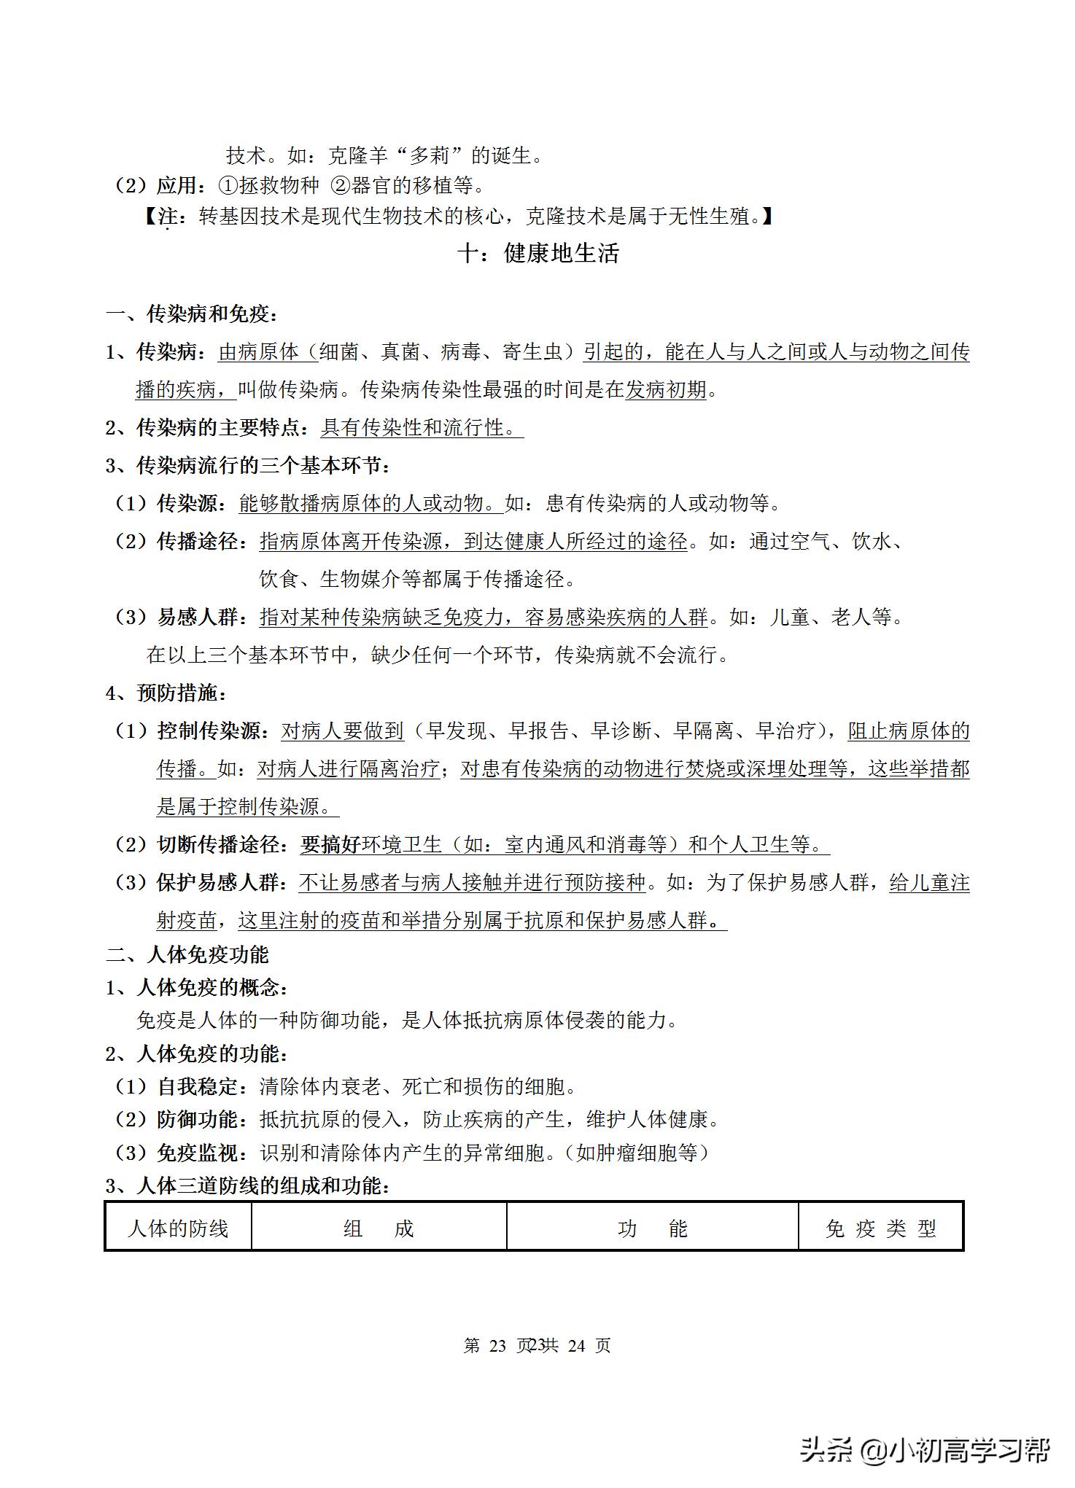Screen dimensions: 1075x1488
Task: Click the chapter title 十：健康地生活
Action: click(x=537, y=254)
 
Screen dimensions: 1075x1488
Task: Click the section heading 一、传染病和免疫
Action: click(x=192, y=315)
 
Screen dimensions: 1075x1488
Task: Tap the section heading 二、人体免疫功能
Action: click(x=187, y=954)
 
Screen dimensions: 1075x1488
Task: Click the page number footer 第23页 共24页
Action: click(x=537, y=1345)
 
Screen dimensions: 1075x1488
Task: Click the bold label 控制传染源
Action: click(x=208, y=731)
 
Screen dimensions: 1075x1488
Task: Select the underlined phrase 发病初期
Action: click(x=666, y=389)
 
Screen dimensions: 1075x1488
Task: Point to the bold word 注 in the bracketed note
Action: click(x=167, y=217)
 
